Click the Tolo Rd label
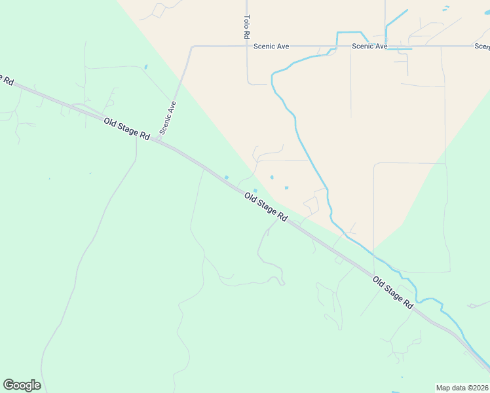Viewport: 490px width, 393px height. point(247,27)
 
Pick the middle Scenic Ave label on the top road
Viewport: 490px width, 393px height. point(369,47)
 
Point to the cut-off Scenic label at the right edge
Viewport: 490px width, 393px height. point(482,47)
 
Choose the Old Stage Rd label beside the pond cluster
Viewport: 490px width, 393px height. point(266,207)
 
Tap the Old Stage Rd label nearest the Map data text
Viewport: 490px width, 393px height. point(394,293)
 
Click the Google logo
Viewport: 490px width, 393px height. point(22,385)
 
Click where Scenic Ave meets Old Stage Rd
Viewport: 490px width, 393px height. point(158,140)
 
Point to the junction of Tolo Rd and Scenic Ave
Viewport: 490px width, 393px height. point(247,47)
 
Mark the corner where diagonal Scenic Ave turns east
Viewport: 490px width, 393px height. point(191,47)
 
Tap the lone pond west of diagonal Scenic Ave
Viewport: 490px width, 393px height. point(145,66)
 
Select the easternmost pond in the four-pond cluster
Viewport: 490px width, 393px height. point(286,188)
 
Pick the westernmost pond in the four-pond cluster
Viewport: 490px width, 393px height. point(227,177)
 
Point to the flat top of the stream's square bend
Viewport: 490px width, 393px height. point(350,32)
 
